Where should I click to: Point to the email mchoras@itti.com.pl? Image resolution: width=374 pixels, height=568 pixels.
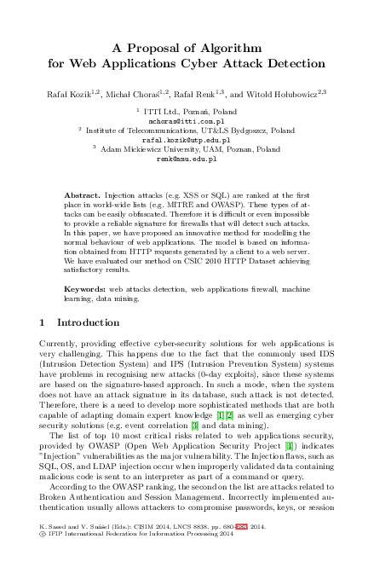point(187,121)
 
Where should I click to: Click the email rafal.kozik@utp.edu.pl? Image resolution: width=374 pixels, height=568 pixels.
point(187,140)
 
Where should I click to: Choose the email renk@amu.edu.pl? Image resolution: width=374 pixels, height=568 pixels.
point(187,159)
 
